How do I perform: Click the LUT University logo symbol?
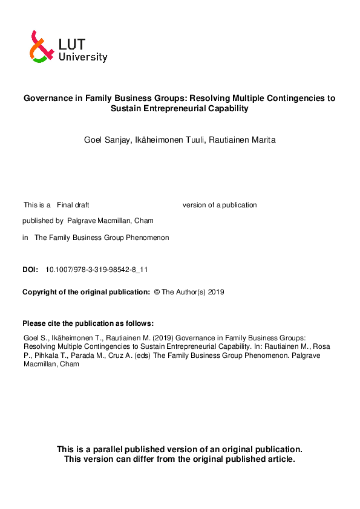tap(40, 47)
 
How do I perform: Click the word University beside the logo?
tap(83, 57)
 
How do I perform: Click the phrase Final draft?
tap(73, 205)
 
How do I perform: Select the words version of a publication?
tap(220, 205)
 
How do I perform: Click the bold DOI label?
tap(30, 270)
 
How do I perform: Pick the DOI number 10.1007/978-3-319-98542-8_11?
tap(97, 270)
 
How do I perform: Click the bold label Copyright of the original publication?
tap(86, 292)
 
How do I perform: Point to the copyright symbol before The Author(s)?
tap(157, 292)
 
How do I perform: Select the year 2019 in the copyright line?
tap(216, 292)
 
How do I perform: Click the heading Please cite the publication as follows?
tap(88, 323)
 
